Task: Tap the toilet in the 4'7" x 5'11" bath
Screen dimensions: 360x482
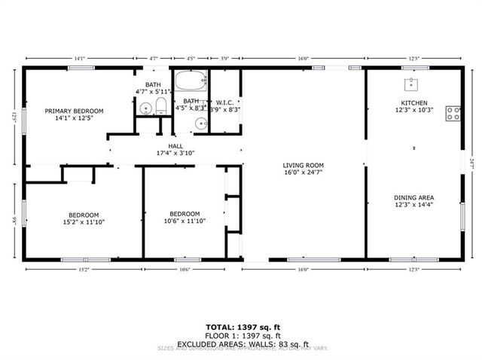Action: click(160, 106)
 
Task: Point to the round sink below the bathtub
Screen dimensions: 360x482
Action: click(200, 124)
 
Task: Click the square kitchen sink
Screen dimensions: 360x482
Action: click(412, 84)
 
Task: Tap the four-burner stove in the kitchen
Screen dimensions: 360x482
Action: click(453, 114)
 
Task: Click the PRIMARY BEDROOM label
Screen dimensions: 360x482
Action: click(74, 111)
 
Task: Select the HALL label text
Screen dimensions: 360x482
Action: click(175, 146)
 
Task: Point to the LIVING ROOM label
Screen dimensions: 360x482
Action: click(303, 166)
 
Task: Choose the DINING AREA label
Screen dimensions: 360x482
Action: click(413, 197)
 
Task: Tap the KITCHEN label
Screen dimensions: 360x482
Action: click(413, 102)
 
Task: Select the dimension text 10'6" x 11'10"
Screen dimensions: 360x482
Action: click(184, 221)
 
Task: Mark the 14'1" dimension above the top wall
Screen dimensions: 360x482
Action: click(79, 57)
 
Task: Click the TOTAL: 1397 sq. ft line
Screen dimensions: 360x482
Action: click(243, 327)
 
